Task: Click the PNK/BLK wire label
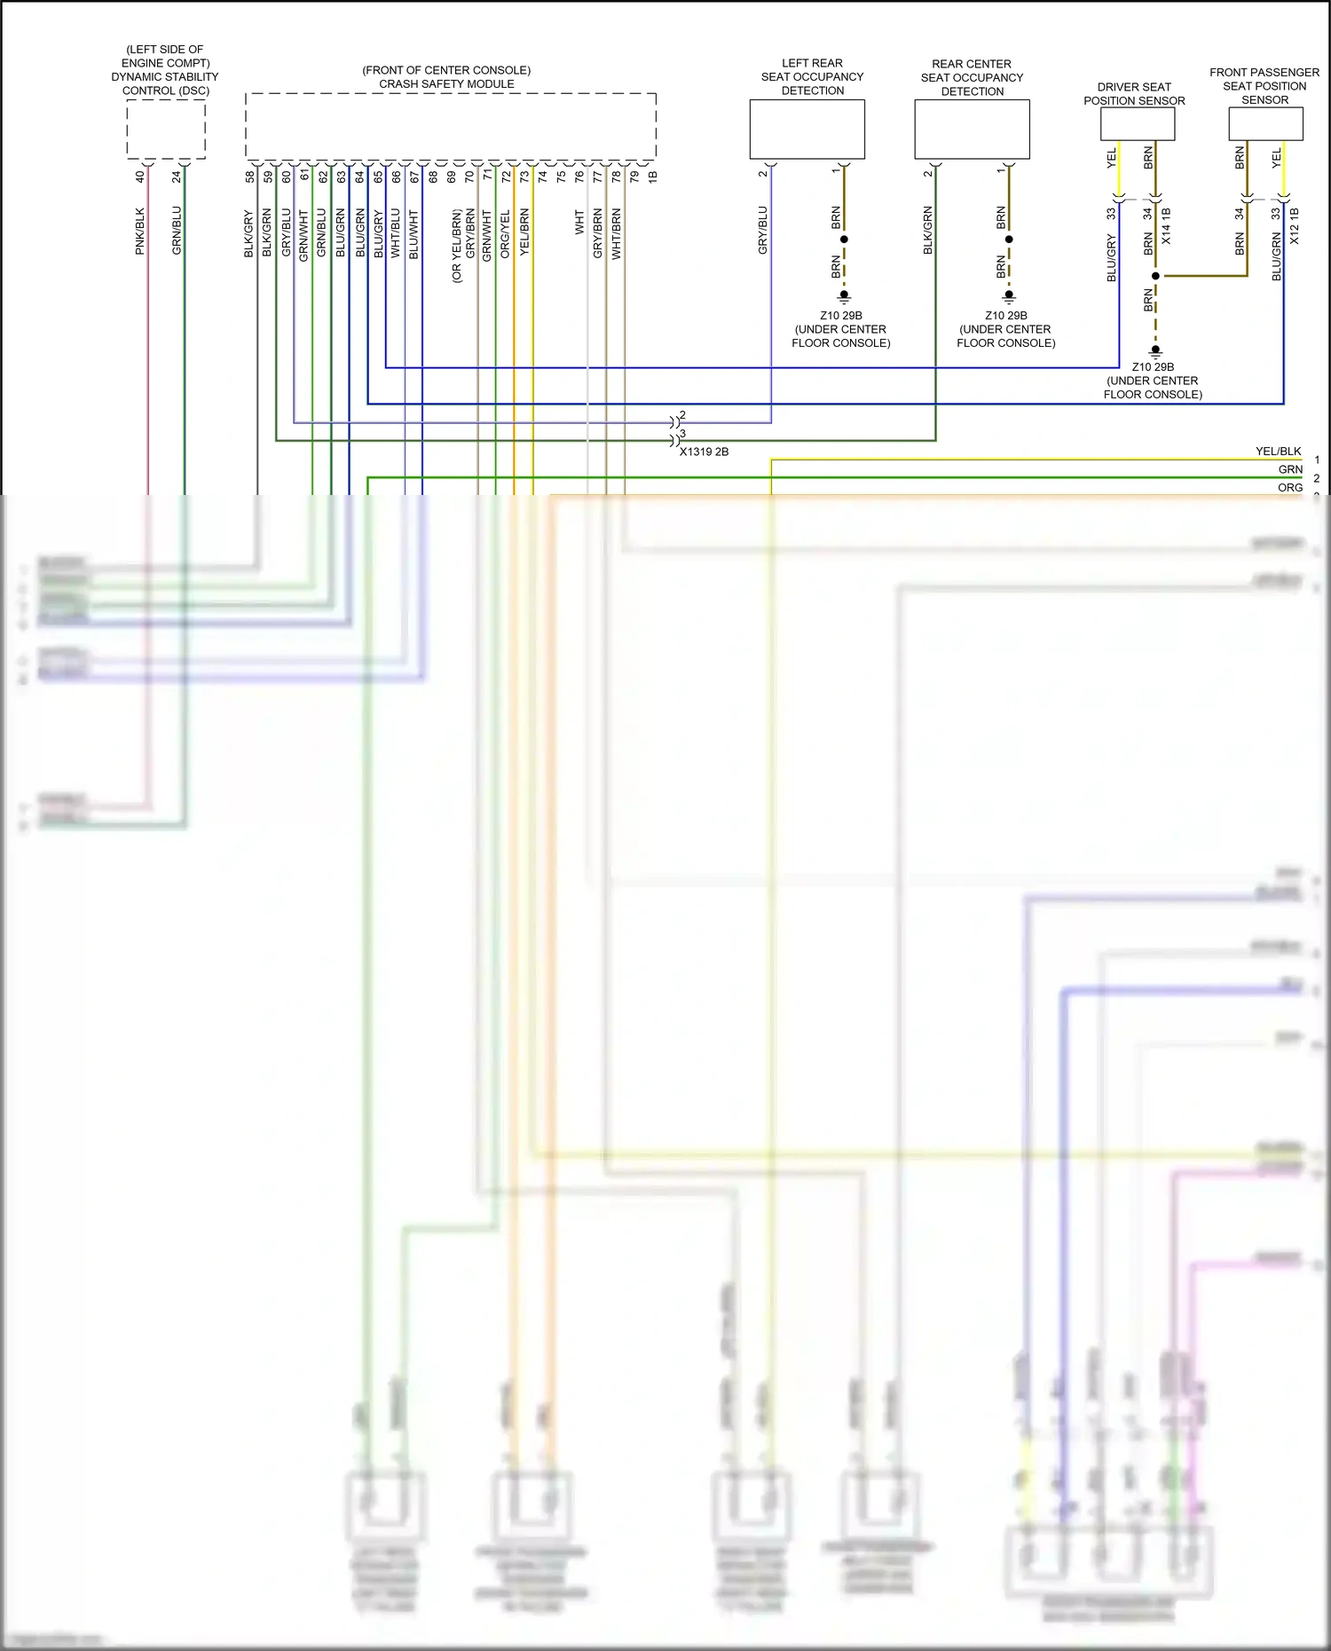tap(139, 232)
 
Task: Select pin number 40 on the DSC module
tap(139, 177)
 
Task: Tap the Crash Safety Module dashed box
tap(451, 126)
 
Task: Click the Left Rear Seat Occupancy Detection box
tap(807, 129)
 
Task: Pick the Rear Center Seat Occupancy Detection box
tap(972, 129)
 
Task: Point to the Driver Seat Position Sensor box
tap(1137, 124)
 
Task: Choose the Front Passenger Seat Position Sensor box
tap(1265, 124)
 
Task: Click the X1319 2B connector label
tap(704, 452)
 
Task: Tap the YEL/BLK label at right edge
tap(1278, 452)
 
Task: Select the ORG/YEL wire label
tap(505, 234)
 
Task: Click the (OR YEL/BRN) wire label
tap(457, 246)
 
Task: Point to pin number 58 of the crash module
tap(249, 177)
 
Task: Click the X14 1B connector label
tap(1166, 226)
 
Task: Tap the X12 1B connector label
tap(1294, 226)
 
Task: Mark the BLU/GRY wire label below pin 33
tap(1111, 258)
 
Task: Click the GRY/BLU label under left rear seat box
tap(762, 231)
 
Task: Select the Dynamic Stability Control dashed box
tap(166, 130)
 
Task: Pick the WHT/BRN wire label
tap(616, 234)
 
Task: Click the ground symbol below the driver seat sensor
tap(1155, 351)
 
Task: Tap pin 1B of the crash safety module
tap(652, 177)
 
